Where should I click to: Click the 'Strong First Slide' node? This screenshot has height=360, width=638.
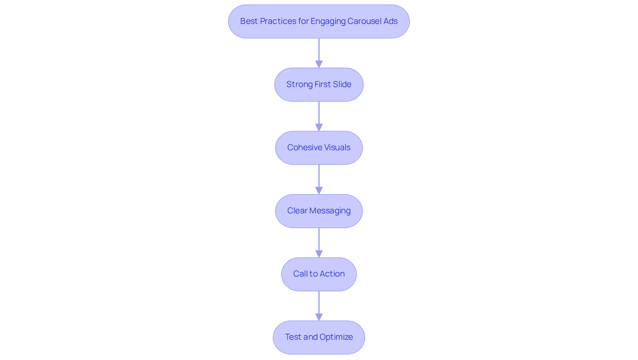click(x=319, y=85)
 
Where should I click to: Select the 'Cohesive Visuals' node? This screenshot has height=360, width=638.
click(x=319, y=148)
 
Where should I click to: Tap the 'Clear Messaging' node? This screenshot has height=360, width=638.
click(x=319, y=211)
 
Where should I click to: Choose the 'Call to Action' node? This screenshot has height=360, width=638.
click(x=319, y=274)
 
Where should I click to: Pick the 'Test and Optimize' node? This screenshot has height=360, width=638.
click(x=319, y=337)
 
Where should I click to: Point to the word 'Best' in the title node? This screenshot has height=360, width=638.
click(x=249, y=21)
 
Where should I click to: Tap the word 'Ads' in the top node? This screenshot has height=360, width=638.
click(x=390, y=21)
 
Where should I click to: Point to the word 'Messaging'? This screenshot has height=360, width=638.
click(x=330, y=211)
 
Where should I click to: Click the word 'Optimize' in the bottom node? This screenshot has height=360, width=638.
click(x=336, y=337)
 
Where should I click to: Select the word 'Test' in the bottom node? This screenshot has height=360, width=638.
click(x=293, y=337)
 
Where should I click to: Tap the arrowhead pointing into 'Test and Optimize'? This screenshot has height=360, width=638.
click(x=319, y=317)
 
